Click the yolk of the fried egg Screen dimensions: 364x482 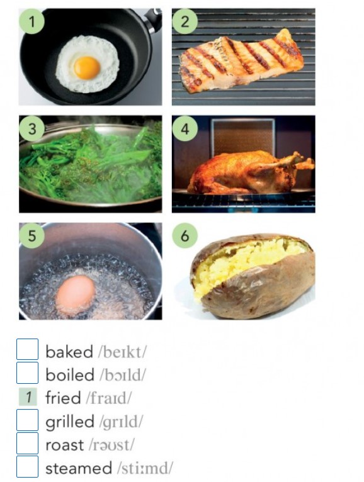87,67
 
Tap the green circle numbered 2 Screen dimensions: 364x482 185,21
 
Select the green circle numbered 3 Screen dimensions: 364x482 32,129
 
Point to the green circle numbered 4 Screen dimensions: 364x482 185,129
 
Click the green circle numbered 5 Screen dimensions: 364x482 32,236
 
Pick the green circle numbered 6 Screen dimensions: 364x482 185,236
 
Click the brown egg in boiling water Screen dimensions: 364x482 76,294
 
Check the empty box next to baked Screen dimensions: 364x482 27,349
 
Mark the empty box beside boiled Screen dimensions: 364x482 27,373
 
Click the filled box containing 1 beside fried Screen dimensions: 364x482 28,396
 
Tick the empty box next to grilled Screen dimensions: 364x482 27,420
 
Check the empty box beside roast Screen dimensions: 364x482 27,443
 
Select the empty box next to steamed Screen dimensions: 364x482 27,467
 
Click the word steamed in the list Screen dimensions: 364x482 79,468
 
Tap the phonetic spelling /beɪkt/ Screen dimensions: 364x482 122,352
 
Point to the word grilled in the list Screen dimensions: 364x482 69,422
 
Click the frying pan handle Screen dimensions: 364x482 153,19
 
